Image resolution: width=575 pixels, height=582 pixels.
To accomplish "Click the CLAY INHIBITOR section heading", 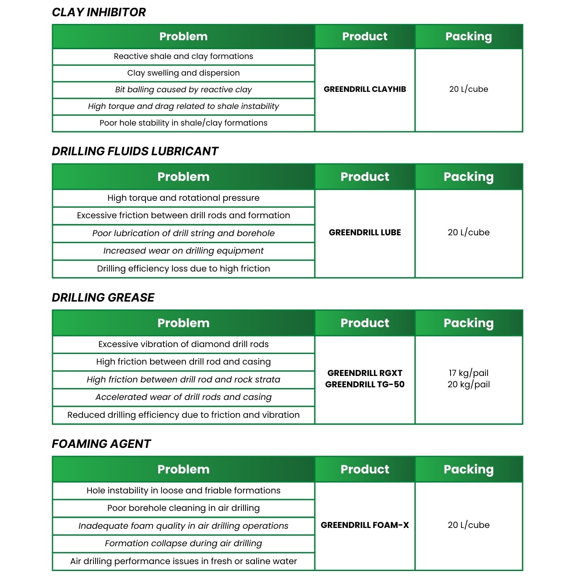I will pos(99,12).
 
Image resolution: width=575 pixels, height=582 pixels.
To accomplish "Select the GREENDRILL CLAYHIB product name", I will pos(365,89).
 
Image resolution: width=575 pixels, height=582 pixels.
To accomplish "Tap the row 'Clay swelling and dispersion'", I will pos(183,73).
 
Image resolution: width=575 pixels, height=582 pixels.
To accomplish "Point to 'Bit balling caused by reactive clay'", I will pos(183,90).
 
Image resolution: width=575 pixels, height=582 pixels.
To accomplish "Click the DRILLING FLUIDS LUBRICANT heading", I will pos(135,151).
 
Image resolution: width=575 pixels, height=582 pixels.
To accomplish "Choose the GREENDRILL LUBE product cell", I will pos(365,232).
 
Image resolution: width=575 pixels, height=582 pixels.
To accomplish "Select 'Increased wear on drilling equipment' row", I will pos(183,251).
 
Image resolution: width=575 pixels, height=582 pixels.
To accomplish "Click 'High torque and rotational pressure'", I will pos(183,198).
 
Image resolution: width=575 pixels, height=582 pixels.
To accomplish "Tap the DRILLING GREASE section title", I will pos(103,298).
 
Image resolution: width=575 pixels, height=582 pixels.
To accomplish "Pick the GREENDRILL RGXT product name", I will pos(365,373).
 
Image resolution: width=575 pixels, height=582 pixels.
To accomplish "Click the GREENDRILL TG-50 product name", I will pos(365,384).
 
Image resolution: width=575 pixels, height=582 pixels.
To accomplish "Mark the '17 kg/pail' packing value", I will pos(468,373).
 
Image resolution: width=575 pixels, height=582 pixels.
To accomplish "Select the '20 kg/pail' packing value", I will pos(468,384).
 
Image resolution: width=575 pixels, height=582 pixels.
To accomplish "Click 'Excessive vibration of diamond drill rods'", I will pos(183,344).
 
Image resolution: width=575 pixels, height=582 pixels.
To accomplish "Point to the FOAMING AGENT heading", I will pos(101,444).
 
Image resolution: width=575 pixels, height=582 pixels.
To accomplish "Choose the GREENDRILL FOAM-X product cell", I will pos(365,525).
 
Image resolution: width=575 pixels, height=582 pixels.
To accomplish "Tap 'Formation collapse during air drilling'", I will pos(183,543).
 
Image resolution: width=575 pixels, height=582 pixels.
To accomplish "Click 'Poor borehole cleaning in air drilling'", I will pos(183,508).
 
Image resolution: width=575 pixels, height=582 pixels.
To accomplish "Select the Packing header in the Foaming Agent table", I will pos(468,469).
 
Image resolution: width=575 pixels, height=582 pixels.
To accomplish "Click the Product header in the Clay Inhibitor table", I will pos(365,37).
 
